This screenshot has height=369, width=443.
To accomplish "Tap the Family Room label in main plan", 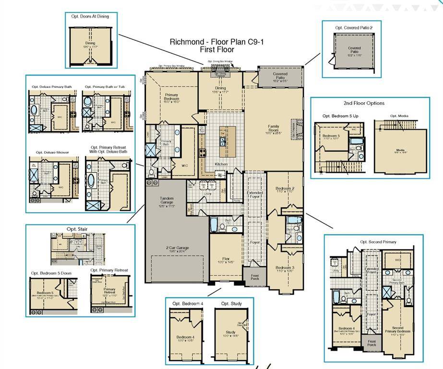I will [x=273, y=128].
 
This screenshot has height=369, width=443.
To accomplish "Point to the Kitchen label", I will [x=221, y=164].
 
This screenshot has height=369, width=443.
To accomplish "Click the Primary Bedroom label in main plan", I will [x=171, y=98].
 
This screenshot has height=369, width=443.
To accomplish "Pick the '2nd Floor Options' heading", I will [x=364, y=103].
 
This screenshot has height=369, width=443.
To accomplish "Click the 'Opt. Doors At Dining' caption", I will [x=90, y=16].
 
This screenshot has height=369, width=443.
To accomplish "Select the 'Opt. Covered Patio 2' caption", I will [x=354, y=28].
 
